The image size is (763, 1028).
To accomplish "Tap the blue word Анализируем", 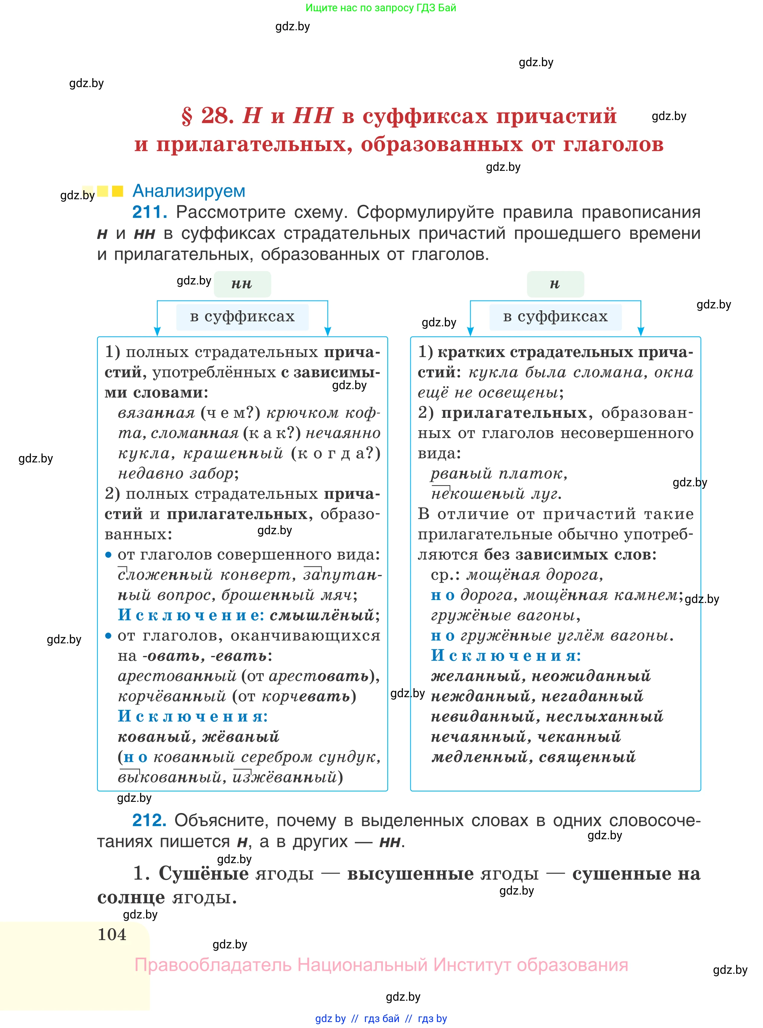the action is pos(189,191).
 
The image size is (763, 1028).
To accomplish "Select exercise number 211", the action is pos(149,212).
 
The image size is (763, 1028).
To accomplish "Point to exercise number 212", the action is pos(149,821).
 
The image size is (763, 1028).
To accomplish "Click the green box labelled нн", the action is pos(242,284).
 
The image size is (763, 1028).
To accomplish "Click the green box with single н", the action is pos(555,284).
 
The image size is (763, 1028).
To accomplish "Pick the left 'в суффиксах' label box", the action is pos(242,317).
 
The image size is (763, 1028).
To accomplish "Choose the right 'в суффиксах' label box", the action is pos(555,317).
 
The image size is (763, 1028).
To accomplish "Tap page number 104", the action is pos(112,935).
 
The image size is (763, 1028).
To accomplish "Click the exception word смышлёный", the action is pos(322,615).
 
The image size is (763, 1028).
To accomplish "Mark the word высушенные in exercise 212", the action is pos(410,874).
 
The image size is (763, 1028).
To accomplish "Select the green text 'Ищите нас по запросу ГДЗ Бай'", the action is pos(381,8).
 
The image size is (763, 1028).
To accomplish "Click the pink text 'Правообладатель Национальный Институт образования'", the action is pos(381,965).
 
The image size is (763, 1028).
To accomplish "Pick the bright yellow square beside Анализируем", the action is pos(118,191).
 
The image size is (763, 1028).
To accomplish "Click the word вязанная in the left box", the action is pos(156,413).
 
